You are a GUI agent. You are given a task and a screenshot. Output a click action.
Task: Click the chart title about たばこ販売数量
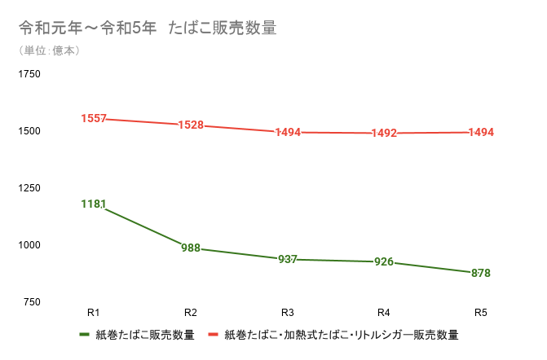(x=148, y=29)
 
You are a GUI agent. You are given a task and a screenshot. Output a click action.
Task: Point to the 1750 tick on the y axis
(x=29, y=74)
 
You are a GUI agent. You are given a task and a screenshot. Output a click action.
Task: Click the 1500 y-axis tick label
(x=29, y=131)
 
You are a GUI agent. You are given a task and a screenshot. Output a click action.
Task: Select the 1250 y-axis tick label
(x=29, y=188)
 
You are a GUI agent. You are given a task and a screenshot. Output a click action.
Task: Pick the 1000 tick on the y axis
(x=29, y=245)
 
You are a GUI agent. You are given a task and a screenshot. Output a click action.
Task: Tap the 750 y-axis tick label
(x=31, y=302)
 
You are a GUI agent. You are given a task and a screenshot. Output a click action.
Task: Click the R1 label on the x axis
(x=93, y=312)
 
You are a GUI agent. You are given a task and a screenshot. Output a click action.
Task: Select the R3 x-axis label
(x=287, y=312)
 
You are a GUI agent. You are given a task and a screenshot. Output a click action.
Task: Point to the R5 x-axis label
(x=481, y=312)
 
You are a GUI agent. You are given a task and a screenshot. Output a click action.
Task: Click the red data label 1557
(x=94, y=119)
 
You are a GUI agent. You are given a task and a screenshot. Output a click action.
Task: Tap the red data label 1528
(x=191, y=125)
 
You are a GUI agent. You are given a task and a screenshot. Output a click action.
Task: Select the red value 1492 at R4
(x=384, y=134)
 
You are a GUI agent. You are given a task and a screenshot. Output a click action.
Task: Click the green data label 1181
(x=94, y=204)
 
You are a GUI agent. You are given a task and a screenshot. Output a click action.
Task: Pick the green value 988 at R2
(x=191, y=248)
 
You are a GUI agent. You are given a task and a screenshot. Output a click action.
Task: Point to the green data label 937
(x=287, y=259)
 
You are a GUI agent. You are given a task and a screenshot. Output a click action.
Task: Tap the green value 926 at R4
(x=384, y=262)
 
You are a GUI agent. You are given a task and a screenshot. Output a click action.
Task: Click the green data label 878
(x=481, y=273)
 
